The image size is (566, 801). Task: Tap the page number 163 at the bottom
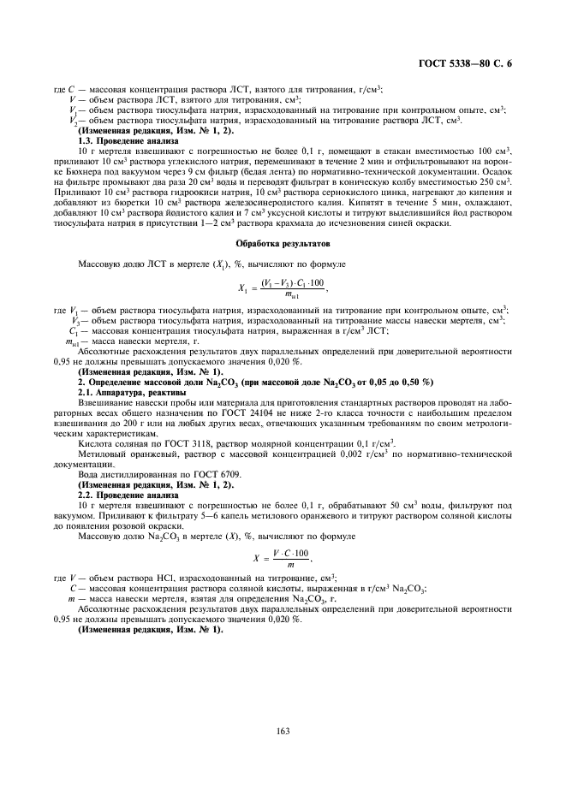click(283, 730)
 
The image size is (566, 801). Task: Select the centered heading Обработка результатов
click(283, 245)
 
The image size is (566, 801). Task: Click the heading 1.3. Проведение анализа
click(128, 139)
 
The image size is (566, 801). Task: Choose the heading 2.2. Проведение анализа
click(128, 495)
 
